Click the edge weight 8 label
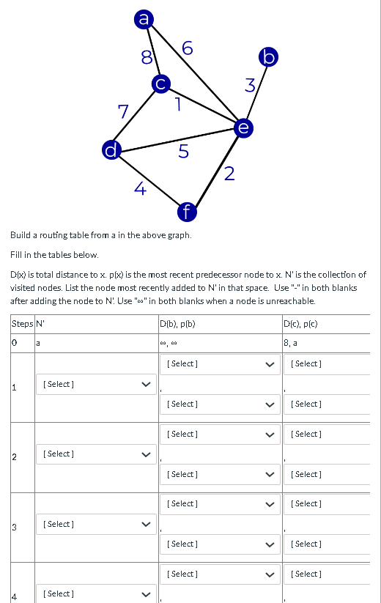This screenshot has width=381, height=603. [x=147, y=56]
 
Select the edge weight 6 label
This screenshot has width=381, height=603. [x=188, y=48]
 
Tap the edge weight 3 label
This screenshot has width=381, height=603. [x=249, y=86]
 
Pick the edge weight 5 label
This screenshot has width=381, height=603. [x=183, y=152]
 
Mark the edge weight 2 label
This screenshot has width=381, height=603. [x=229, y=173]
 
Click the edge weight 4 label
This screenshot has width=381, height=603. [x=140, y=188]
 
